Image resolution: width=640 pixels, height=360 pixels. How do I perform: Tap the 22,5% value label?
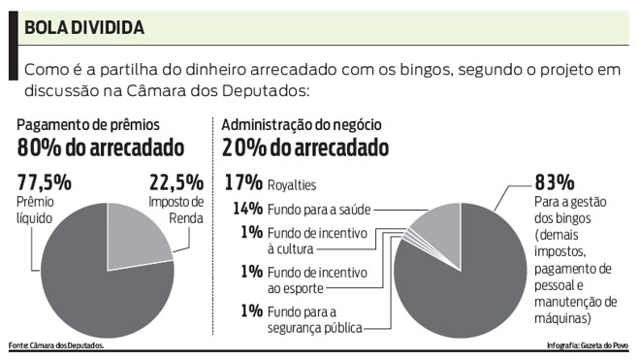click(x=176, y=181)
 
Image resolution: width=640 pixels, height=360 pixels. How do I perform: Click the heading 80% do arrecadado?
click(x=100, y=147)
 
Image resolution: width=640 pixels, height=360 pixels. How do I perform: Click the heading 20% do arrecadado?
click(x=305, y=147)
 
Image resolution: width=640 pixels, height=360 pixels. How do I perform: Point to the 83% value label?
click(x=554, y=181)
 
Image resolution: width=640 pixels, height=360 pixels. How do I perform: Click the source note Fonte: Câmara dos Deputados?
click(x=55, y=346)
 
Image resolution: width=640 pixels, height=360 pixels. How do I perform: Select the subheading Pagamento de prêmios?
click(x=87, y=125)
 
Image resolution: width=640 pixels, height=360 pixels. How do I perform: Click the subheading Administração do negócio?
click(x=301, y=125)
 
